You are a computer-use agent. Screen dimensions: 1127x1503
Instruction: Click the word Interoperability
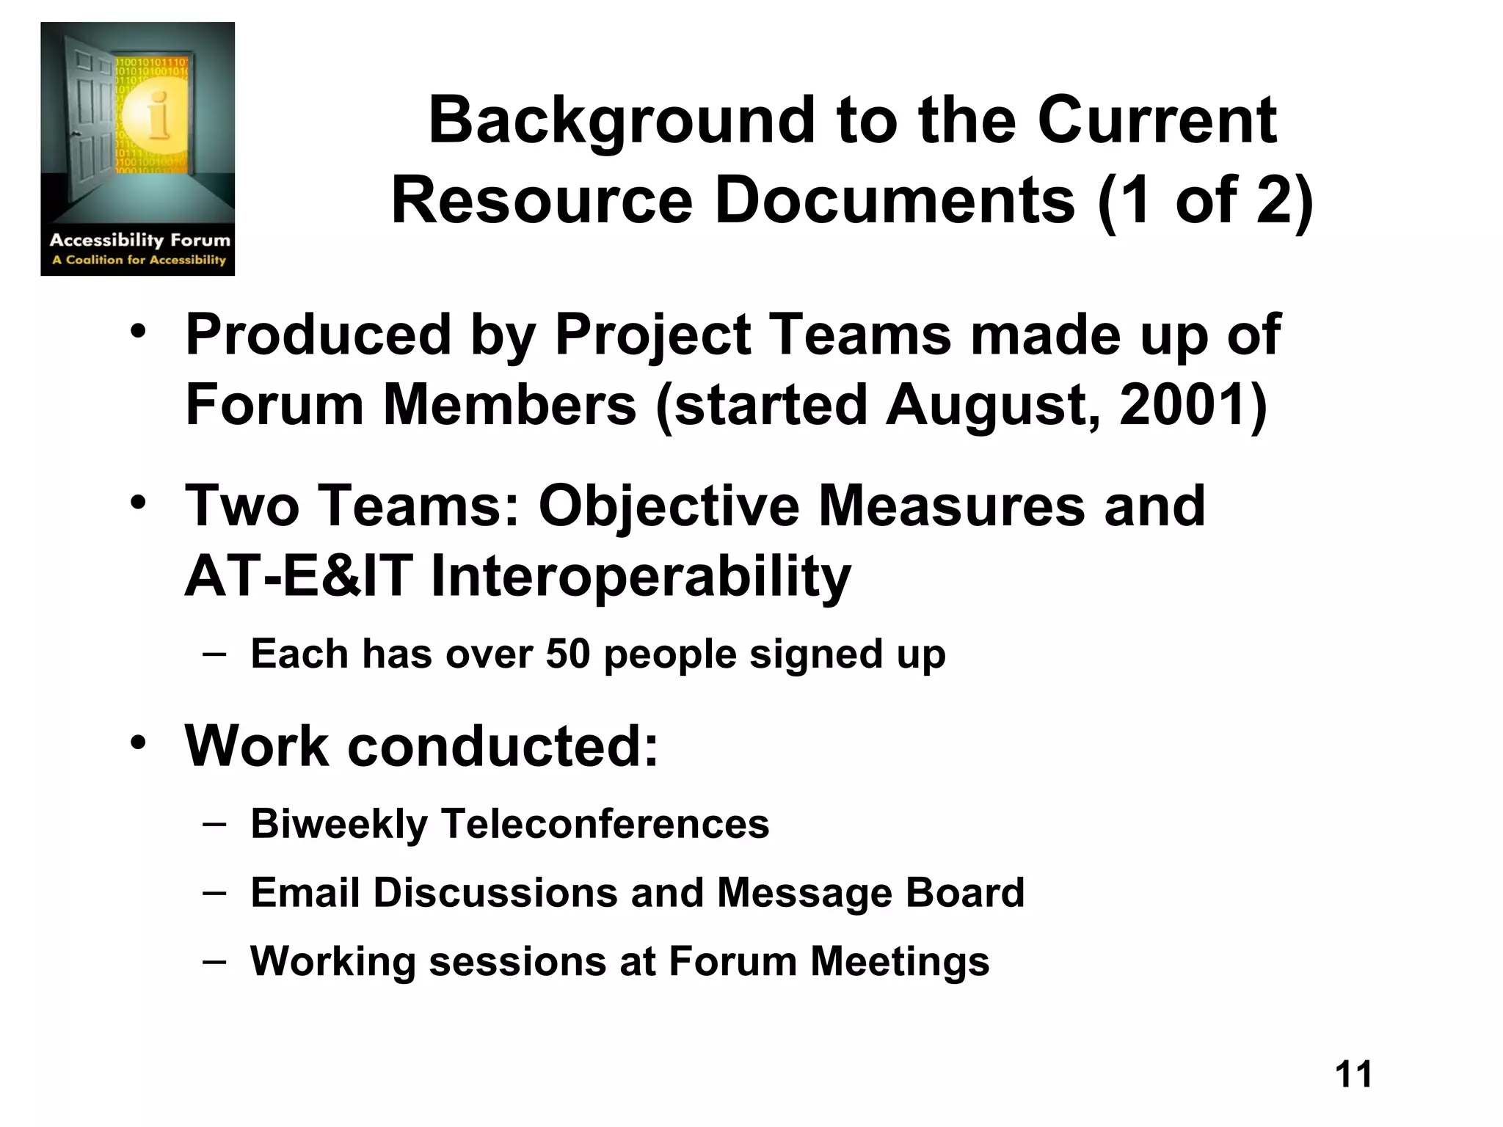pos(641,577)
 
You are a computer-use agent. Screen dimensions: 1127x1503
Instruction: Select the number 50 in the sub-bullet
pos(568,654)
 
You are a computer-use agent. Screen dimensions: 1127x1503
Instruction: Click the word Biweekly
pos(339,824)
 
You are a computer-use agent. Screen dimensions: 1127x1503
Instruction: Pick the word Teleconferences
pos(605,823)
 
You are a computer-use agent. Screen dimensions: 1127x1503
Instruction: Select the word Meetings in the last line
pos(900,962)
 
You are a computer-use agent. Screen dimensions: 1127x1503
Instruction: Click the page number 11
pos(1353,1074)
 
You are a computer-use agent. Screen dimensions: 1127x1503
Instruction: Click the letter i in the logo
pos(157,117)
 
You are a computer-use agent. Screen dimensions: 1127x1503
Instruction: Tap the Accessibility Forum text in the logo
pos(139,240)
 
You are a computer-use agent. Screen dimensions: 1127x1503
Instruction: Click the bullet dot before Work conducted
pos(139,743)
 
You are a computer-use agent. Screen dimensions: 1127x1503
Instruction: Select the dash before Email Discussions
pos(214,892)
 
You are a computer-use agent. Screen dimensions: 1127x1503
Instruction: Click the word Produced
pos(318,335)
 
